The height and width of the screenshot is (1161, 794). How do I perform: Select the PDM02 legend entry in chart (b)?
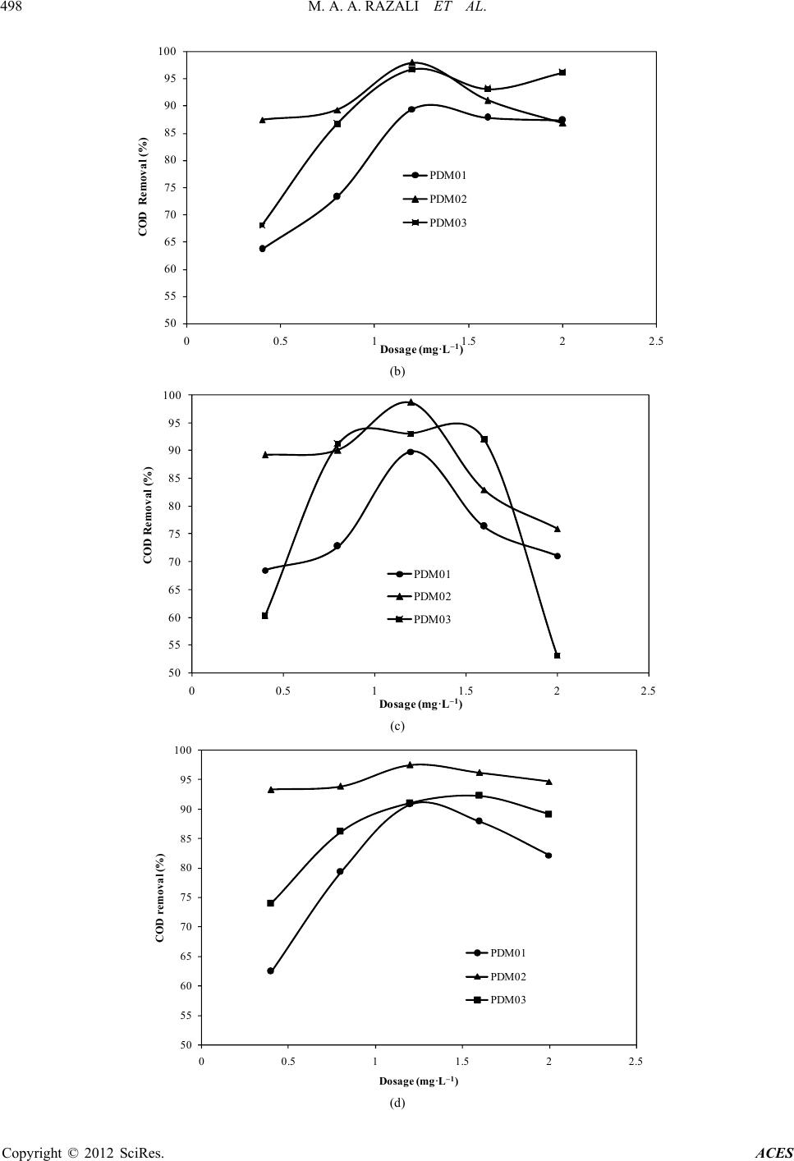point(447,199)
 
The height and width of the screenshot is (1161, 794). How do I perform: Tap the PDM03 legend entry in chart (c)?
point(432,620)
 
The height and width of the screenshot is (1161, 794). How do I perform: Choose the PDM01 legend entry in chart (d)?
point(507,953)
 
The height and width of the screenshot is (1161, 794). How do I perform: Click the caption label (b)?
point(397,371)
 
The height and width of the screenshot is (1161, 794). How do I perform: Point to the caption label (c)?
point(397,726)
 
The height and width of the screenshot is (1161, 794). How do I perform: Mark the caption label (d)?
point(397,1103)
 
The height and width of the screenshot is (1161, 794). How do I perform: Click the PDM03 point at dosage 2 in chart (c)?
point(558,655)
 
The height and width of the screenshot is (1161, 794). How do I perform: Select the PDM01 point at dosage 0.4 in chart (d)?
point(270,971)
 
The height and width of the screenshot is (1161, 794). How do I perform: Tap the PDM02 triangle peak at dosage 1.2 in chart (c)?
point(411,402)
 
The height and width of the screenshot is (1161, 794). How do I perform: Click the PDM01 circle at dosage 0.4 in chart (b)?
point(262,248)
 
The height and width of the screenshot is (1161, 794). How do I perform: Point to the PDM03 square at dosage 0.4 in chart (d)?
point(270,903)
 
